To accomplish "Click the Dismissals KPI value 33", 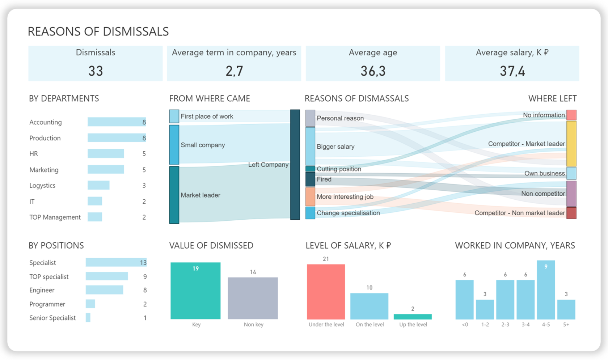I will (96, 71).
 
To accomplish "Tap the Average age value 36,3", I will (373, 71).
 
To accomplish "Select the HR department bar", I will (106, 154).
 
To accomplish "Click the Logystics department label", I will (42, 186).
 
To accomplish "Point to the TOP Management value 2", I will (144, 217).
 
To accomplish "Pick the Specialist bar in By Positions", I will (116, 263).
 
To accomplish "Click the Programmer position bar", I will (90, 304).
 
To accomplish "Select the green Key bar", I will (195, 291).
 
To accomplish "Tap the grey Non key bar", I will (253, 298).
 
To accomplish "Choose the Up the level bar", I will (413, 317).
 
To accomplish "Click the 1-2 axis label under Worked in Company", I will (485, 325).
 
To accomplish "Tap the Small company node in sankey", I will (174, 145).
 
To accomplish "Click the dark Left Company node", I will (295, 165).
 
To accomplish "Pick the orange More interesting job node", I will (310, 197).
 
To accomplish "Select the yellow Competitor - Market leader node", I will (571, 144).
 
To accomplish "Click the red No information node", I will (571, 115).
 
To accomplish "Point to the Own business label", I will (544, 173).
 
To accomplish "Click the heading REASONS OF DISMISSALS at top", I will (98, 31).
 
